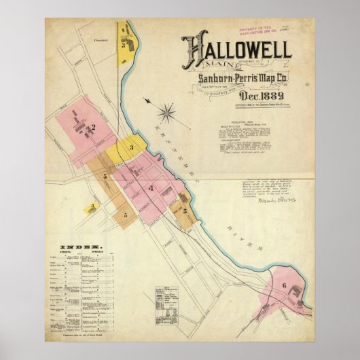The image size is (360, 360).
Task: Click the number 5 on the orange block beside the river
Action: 185,211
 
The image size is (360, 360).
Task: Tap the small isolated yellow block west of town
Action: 90,207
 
